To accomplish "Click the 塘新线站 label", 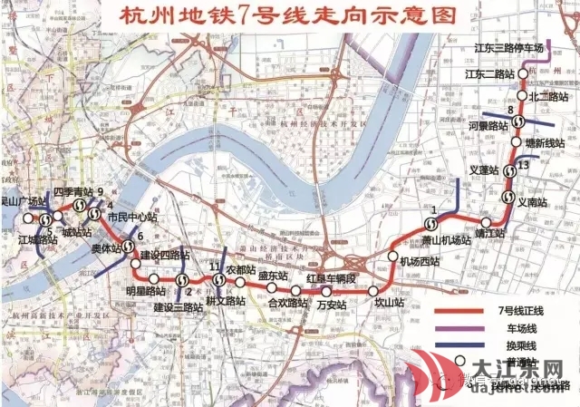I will tap(545, 143).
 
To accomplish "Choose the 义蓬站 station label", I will tap(485, 170).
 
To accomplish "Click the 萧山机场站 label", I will tap(447, 239).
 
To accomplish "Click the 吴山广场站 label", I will tap(24, 201).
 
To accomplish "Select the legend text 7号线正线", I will tap(525, 311).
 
